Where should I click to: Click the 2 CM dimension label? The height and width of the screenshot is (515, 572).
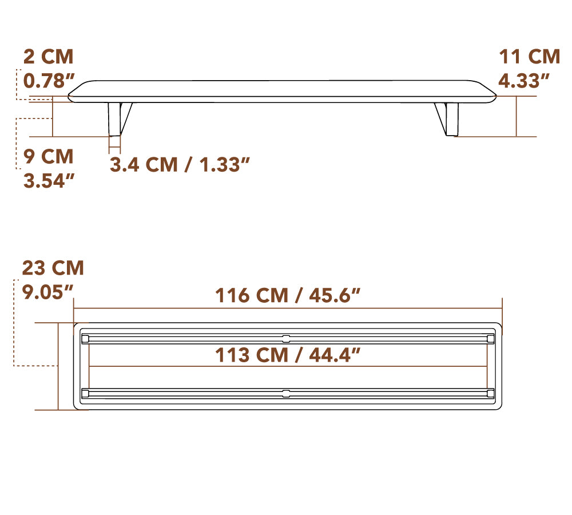pos(49,57)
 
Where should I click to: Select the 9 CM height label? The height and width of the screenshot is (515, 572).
pos(49,156)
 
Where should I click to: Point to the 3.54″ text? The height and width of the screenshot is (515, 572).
pos(49,180)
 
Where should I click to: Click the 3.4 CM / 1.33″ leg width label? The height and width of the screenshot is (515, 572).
pos(180,164)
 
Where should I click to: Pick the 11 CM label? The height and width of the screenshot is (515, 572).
pos(529,57)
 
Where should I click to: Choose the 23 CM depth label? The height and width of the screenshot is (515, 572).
pos(53,267)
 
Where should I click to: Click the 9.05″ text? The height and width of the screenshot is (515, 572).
pos(48,292)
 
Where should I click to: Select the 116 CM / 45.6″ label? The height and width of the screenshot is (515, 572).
pos(288,295)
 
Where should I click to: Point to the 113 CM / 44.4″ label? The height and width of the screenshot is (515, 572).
pos(288,355)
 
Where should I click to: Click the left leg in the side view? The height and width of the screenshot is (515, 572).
pos(117,119)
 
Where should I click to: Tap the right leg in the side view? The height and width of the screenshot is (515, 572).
pos(450,119)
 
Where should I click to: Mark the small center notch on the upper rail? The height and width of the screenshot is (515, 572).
pos(286,338)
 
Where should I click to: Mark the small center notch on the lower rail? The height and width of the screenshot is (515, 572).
pos(286,393)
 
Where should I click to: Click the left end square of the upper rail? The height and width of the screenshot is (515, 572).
pos(85,339)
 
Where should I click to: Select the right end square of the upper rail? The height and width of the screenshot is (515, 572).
pos(490,339)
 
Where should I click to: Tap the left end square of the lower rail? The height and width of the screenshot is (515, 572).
pos(85,393)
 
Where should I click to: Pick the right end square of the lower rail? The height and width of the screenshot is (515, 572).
pos(490,393)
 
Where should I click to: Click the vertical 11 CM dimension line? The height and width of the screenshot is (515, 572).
pos(517,116)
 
